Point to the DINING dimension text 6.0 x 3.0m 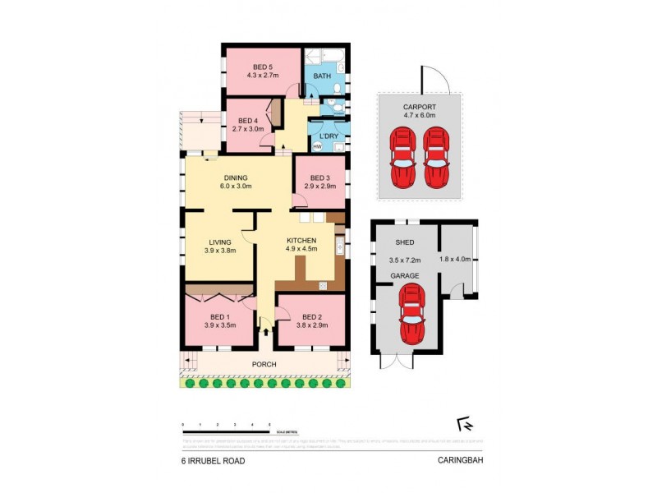236,187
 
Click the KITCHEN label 301,240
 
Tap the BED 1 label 218,316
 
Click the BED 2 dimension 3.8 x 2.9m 310,325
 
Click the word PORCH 264,364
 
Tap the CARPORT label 419,108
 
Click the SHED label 404,242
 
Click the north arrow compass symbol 462,424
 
